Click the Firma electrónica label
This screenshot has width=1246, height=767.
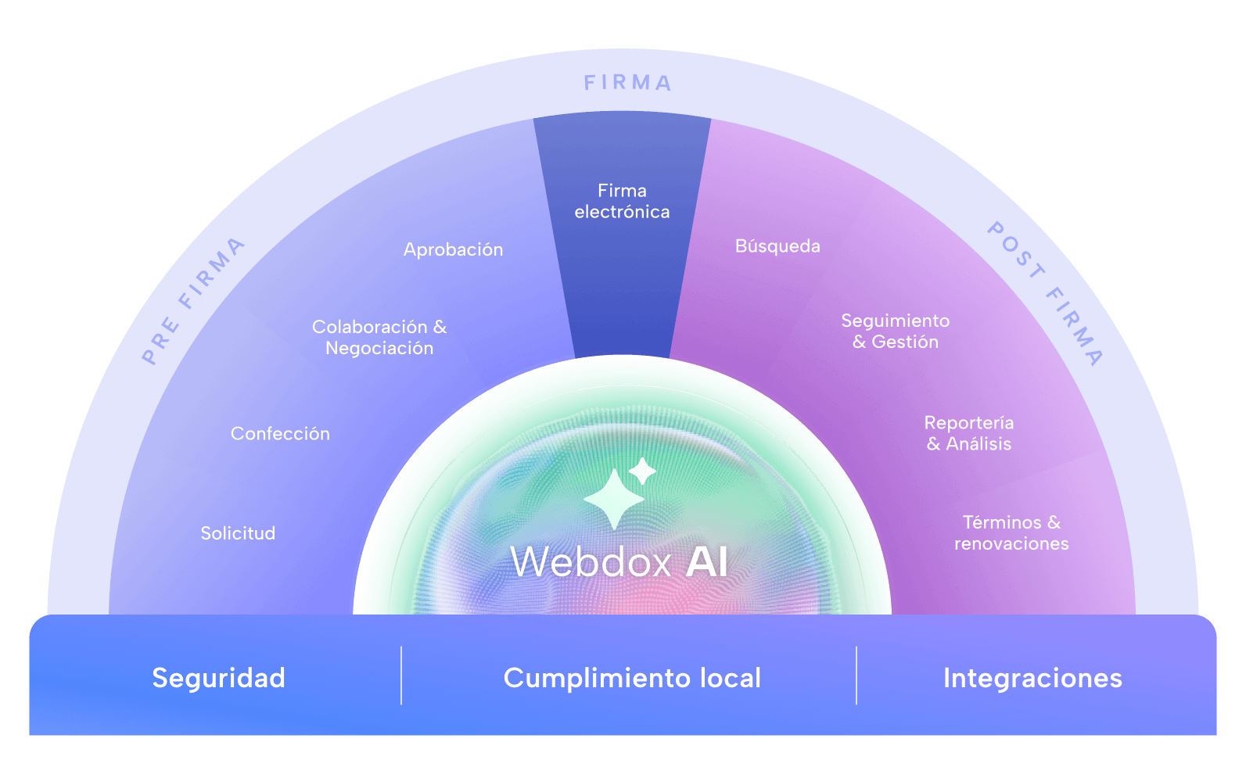pos(622,201)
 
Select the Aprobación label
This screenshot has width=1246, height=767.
pos(453,249)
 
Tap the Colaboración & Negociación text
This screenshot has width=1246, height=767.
pos(379,337)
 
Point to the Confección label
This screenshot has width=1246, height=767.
pos(280,433)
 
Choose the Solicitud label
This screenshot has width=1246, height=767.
pos(238,533)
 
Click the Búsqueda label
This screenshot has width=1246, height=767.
pos(777,246)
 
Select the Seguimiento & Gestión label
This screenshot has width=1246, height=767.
pos(895,331)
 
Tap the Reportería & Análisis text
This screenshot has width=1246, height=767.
pos(969,433)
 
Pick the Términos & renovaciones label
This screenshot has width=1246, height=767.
pos(1011,532)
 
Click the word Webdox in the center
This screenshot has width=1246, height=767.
pos(591,561)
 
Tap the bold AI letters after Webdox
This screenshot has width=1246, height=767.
pos(707,561)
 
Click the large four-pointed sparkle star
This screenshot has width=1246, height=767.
pos(614,499)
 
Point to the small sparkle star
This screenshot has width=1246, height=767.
pos(642,471)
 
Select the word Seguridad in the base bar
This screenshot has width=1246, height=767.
pos(218,678)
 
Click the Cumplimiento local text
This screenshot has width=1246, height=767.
pos(632,678)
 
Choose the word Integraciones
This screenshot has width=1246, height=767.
pos(1032,678)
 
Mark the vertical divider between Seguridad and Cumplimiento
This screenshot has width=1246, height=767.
pos(401,676)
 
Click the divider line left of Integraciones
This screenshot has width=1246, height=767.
pos(856,676)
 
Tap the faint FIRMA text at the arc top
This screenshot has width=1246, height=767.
pos(627,83)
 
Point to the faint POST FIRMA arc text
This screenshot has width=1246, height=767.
pos(1044,293)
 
